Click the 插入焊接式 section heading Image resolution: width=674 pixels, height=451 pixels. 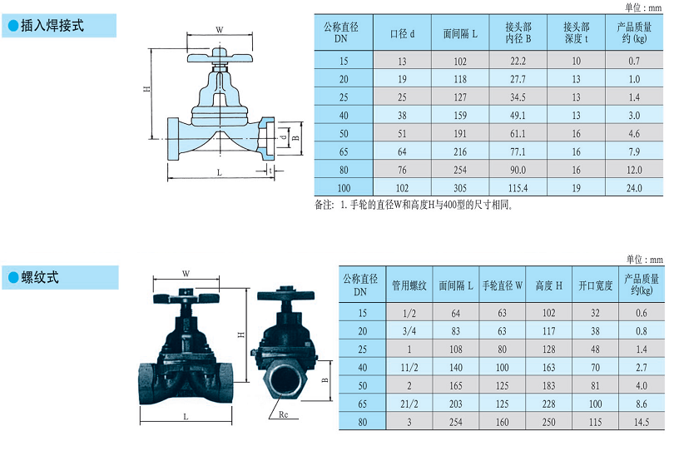tap(52, 26)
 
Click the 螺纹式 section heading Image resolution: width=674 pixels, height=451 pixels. tap(40, 277)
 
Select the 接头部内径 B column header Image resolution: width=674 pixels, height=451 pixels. tap(518, 32)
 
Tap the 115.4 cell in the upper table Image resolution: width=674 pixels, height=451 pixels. tap(518, 188)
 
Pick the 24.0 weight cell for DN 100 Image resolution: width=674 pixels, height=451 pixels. tap(634, 188)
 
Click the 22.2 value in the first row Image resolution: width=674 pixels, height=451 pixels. tap(518, 61)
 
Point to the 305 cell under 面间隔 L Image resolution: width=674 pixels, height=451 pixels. tap(460, 188)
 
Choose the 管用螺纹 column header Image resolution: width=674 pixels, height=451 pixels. tap(409, 285)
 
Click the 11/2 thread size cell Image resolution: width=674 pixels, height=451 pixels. tap(409, 367)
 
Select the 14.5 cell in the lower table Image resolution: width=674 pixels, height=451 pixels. tap(641, 422)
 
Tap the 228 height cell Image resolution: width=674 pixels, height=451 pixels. tap(548, 404)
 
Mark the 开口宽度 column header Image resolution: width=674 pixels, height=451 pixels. tap(595, 285)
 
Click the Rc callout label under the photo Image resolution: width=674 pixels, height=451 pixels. tap(283, 414)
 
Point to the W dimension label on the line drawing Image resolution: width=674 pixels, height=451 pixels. tap(219, 30)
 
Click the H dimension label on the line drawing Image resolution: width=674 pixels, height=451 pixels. tap(146, 88)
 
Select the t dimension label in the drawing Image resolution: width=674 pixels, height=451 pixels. tap(270, 171)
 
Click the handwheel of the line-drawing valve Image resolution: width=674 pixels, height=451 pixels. tap(220, 57)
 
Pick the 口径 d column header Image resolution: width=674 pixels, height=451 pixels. tap(402, 33)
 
